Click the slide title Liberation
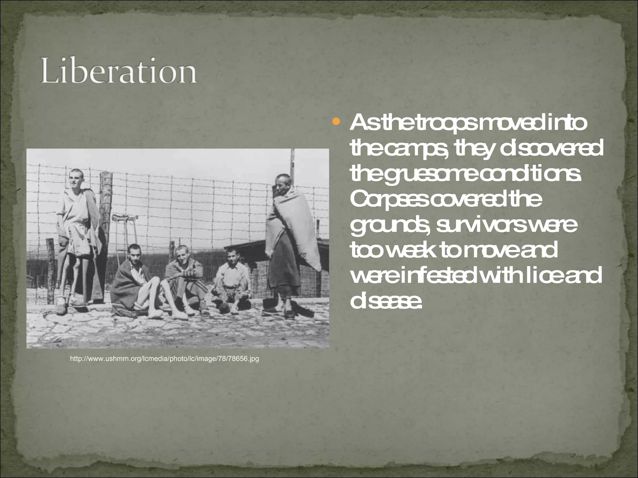(x=118, y=72)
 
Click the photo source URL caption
(x=164, y=359)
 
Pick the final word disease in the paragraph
(x=386, y=301)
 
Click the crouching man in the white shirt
(x=232, y=277)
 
